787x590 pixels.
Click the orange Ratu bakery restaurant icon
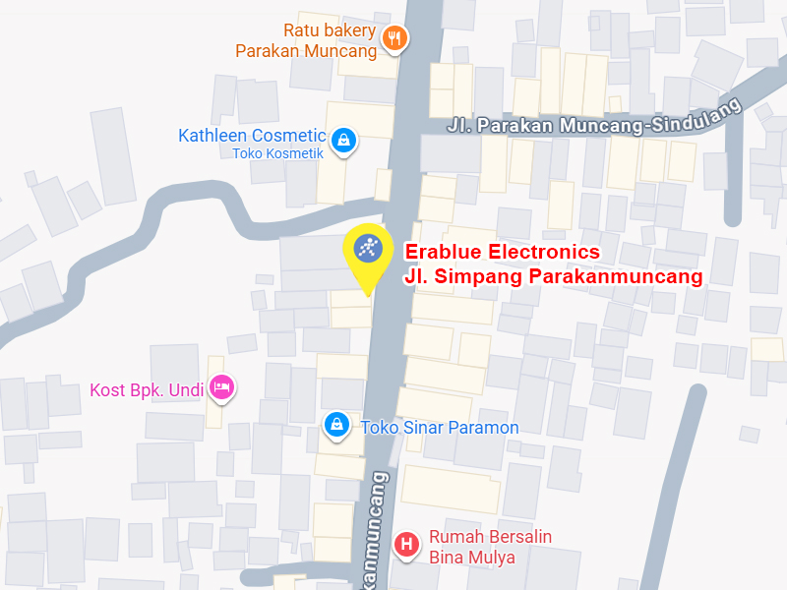395,38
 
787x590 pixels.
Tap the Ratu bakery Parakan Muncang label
307,40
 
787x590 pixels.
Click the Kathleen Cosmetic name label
252,136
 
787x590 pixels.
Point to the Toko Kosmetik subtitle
277,153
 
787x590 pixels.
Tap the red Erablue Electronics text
502,253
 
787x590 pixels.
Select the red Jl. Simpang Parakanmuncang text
553,276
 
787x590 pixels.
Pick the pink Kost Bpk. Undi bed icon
222,387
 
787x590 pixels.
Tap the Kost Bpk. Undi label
147,390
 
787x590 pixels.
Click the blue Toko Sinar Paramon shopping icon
336,425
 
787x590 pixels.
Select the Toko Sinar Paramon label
440,428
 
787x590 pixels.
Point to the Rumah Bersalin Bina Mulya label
490,547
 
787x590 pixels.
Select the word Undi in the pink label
185,390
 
